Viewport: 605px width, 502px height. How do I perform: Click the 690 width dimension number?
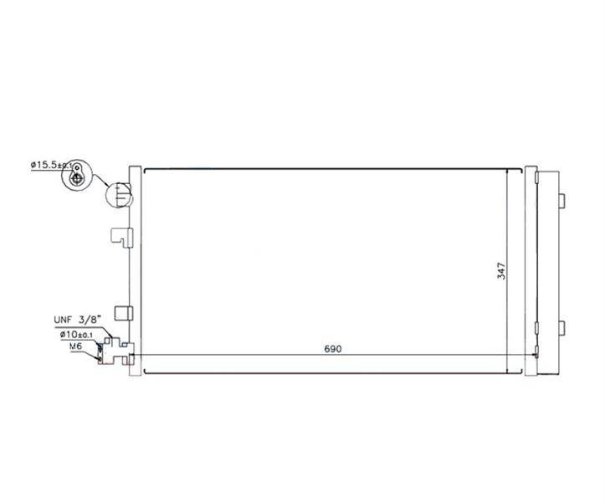[x=333, y=349]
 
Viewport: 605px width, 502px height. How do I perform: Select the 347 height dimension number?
[x=501, y=271]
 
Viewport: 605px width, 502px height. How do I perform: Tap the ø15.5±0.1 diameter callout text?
[x=52, y=165]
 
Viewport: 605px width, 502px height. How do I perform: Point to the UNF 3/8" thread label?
[x=78, y=320]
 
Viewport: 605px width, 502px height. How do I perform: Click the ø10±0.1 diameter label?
[x=76, y=335]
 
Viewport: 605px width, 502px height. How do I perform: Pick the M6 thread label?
[x=75, y=346]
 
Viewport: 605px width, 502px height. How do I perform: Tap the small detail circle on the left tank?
[x=119, y=195]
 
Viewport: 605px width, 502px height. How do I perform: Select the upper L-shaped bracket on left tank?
[x=122, y=237]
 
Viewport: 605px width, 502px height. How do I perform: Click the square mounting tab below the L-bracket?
[x=124, y=313]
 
